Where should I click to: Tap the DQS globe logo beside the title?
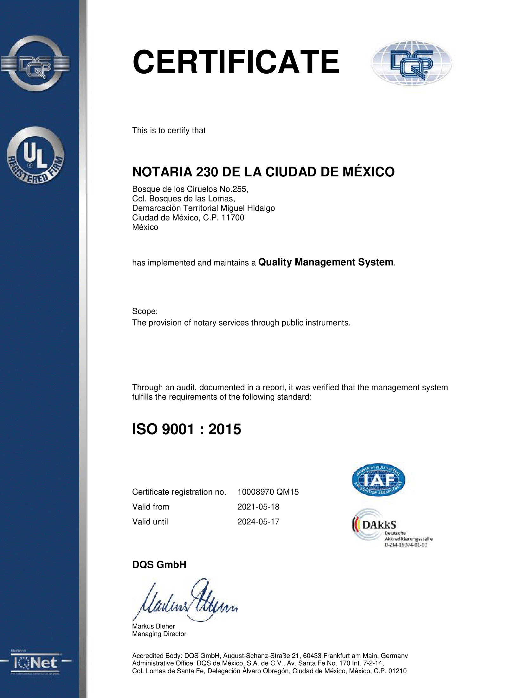tap(411, 63)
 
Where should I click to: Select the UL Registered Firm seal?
tap(35, 155)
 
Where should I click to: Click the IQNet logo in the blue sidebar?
tap(36, 663)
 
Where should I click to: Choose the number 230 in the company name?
tap(207, 172)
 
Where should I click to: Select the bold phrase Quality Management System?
tap(326, 262)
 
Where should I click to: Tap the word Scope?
tap(145, 311)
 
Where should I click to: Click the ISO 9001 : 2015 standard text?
tap(186, 429)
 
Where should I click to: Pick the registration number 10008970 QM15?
tap(268, 492)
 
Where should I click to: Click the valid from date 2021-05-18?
tap(258, 507)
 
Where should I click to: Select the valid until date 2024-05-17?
tap(258, 522)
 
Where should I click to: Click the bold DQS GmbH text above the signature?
tap(159, 565)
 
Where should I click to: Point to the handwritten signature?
tap(185, 601)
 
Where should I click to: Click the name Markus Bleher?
tap(153, 626)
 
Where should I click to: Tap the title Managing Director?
tap(159, 634)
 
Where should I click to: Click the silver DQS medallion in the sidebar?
tap(35, 63)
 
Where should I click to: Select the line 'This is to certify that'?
tap(169, 130)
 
